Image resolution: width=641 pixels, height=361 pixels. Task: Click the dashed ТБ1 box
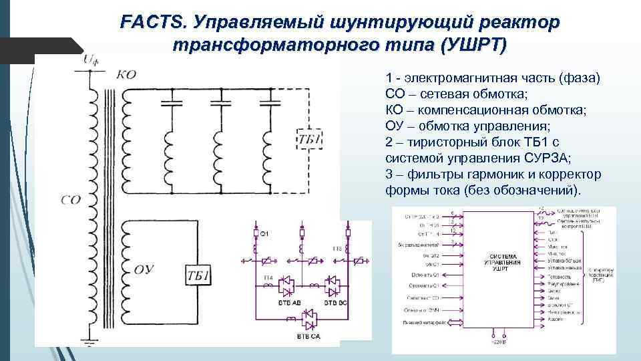point(307,140)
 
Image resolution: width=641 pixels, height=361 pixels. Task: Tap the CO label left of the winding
point(69,199)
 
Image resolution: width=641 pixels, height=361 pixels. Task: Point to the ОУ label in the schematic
point(146,270)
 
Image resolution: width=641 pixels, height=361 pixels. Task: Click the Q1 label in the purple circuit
point(264,233)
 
